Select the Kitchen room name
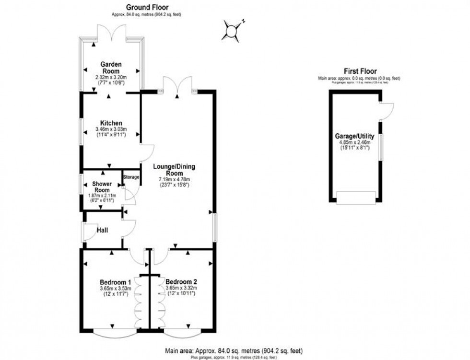[111, 123]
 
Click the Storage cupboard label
[131, 177]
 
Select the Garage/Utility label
[354, 136]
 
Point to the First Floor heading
[360, 71]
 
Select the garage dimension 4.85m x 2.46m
[354, 142]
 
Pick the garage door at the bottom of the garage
[354, 197]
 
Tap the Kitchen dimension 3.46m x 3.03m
[111, 129]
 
